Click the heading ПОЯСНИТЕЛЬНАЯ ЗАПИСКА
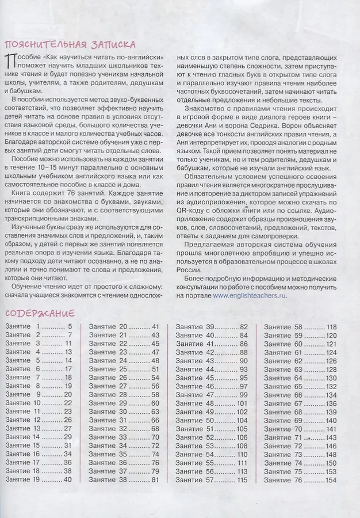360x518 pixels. click(x=70, y=45)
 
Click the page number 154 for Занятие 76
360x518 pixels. click(x=331, y=479)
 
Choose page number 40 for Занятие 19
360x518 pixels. click(x=67, y=479)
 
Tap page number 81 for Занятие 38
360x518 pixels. click(x=155, y=479)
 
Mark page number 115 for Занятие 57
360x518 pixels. click(x=242, y=479)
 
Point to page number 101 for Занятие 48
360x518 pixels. click(x=242, y=403)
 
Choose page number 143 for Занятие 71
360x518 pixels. click(x=331, y=437)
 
